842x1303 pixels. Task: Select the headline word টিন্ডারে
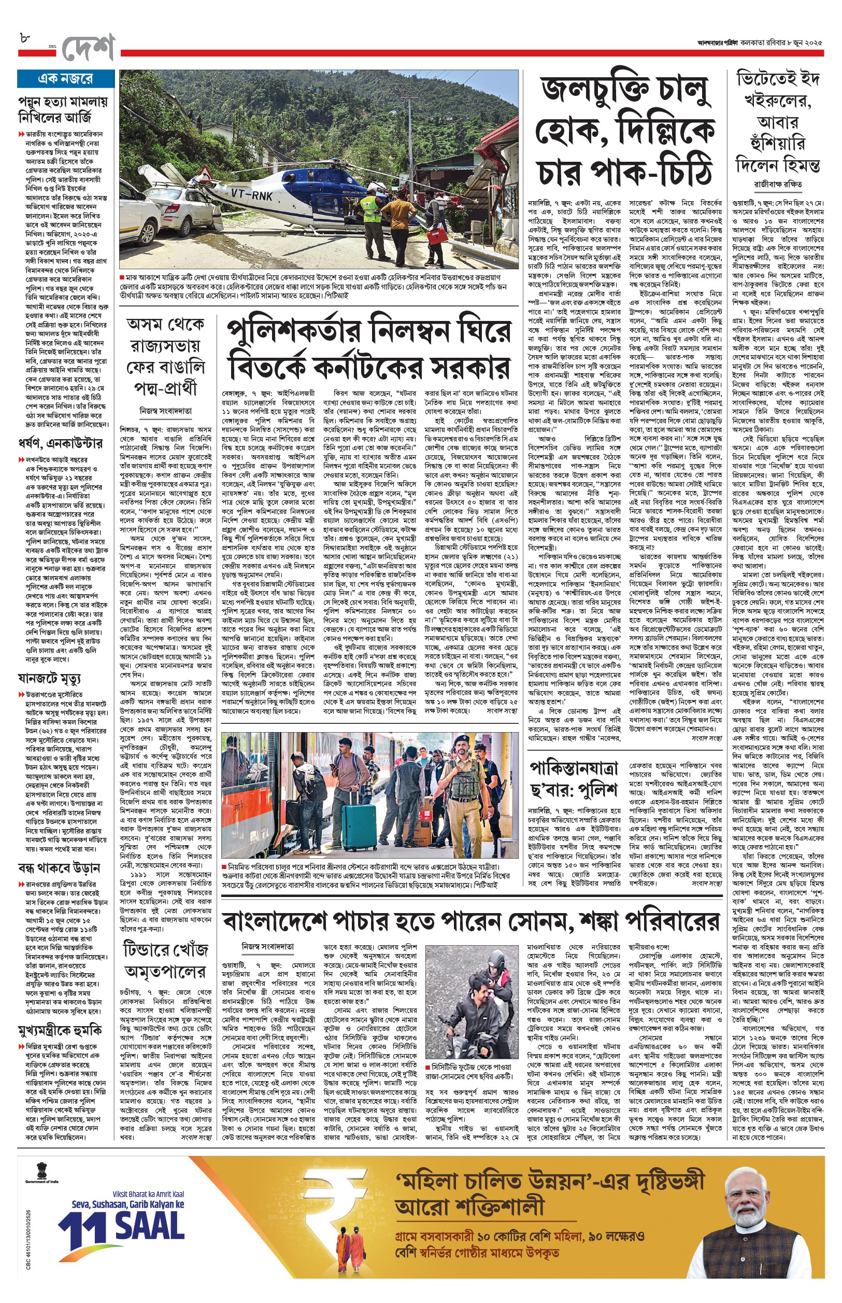point(154,949)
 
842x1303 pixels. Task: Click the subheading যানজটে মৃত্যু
point(49,678)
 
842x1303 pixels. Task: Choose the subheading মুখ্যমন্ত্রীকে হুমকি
point(60,1030)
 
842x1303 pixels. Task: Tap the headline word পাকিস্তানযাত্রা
point(574,767)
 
